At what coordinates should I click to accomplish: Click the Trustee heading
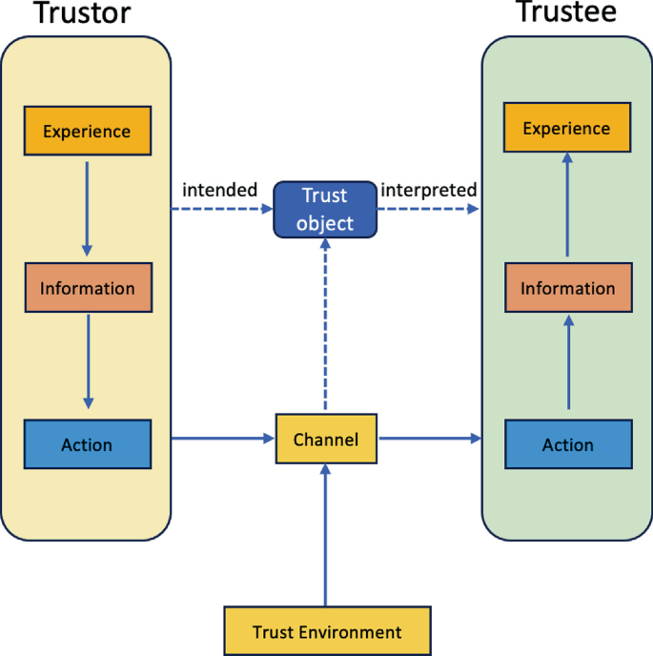[566, 12]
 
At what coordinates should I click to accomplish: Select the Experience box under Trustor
[87, 131]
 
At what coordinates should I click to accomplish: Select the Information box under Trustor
[87, 289]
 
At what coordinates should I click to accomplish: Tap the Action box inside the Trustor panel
[87, 444]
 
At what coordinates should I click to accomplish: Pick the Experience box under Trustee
[566, 129]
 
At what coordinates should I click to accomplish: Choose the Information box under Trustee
[567, 289]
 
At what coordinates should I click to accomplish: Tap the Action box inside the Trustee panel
[567, 444]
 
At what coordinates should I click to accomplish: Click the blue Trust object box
[325, 210]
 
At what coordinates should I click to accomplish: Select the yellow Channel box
[326, 440]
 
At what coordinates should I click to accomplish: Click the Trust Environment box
[327, 631]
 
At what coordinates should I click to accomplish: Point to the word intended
[220, 190]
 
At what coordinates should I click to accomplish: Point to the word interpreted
[429, 190]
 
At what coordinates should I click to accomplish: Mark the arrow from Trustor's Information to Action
[88, 362]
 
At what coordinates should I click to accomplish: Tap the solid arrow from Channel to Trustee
[429, 439]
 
